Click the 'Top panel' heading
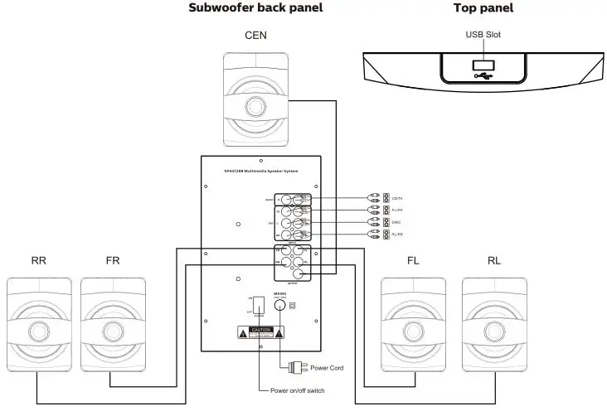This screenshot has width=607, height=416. pos(483,8)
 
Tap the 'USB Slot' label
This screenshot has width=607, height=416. pos(482,35)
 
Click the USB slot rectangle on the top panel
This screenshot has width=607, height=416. pos(482,64)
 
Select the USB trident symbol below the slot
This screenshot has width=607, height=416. pos(482,77)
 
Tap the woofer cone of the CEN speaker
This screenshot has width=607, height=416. pos(256,109)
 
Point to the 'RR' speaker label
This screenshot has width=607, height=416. pos(38,260)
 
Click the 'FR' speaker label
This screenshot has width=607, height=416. pos(114,260)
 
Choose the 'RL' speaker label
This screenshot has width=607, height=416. pos(494,260)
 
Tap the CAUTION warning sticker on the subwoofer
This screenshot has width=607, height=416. pos(261,332)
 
